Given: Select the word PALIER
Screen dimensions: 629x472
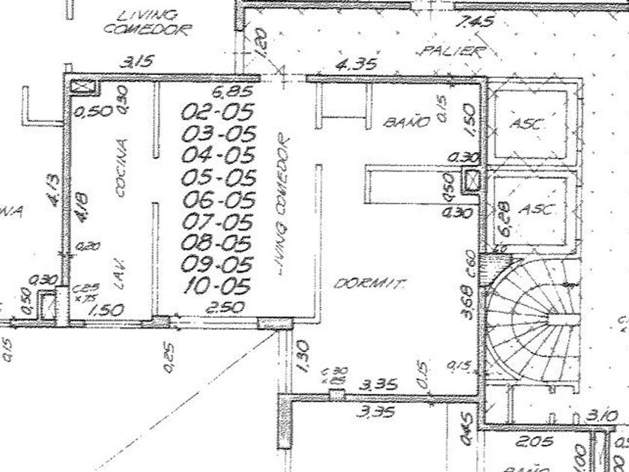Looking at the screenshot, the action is [x=449, y=51].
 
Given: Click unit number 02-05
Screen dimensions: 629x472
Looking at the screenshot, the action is [x=219, y=112].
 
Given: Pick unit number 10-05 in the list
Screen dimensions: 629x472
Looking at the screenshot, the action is [x=217, y=285].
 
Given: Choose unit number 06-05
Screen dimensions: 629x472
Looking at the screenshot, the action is [x=219, y=200].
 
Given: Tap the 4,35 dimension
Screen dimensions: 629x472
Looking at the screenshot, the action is [x=356, y=64].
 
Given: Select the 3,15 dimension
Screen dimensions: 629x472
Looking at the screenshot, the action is [x=136, y=62].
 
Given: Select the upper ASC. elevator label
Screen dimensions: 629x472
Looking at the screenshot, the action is [x=528, y=124].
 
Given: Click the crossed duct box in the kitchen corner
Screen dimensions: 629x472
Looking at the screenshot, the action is [x=84, y=86].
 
